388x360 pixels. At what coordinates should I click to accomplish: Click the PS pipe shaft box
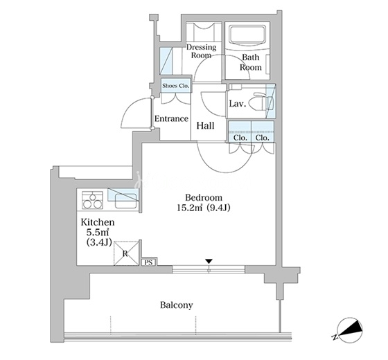[148, 262]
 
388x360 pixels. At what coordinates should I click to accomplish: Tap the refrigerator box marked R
[126, 253]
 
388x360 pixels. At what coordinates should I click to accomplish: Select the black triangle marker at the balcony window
[209, 261]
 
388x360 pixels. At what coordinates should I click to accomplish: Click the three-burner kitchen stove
[92, 200]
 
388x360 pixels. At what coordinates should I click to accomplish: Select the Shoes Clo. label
[176, 86]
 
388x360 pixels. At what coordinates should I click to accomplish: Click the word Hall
[205, 126]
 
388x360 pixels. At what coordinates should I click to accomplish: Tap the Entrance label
[172, 118]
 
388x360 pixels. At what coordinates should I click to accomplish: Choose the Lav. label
[238, 104]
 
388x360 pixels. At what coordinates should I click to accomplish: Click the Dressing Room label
[201, 51]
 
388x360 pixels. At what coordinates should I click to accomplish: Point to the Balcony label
[177, 305]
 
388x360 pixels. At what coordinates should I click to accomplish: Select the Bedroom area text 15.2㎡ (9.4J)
[204, 208]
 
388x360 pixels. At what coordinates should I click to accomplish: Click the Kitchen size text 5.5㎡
[98, 233]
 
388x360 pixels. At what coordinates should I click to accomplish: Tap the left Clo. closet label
[240, 138]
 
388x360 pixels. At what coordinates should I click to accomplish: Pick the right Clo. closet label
[263, 138]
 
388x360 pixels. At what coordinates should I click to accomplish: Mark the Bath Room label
[251, 62]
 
